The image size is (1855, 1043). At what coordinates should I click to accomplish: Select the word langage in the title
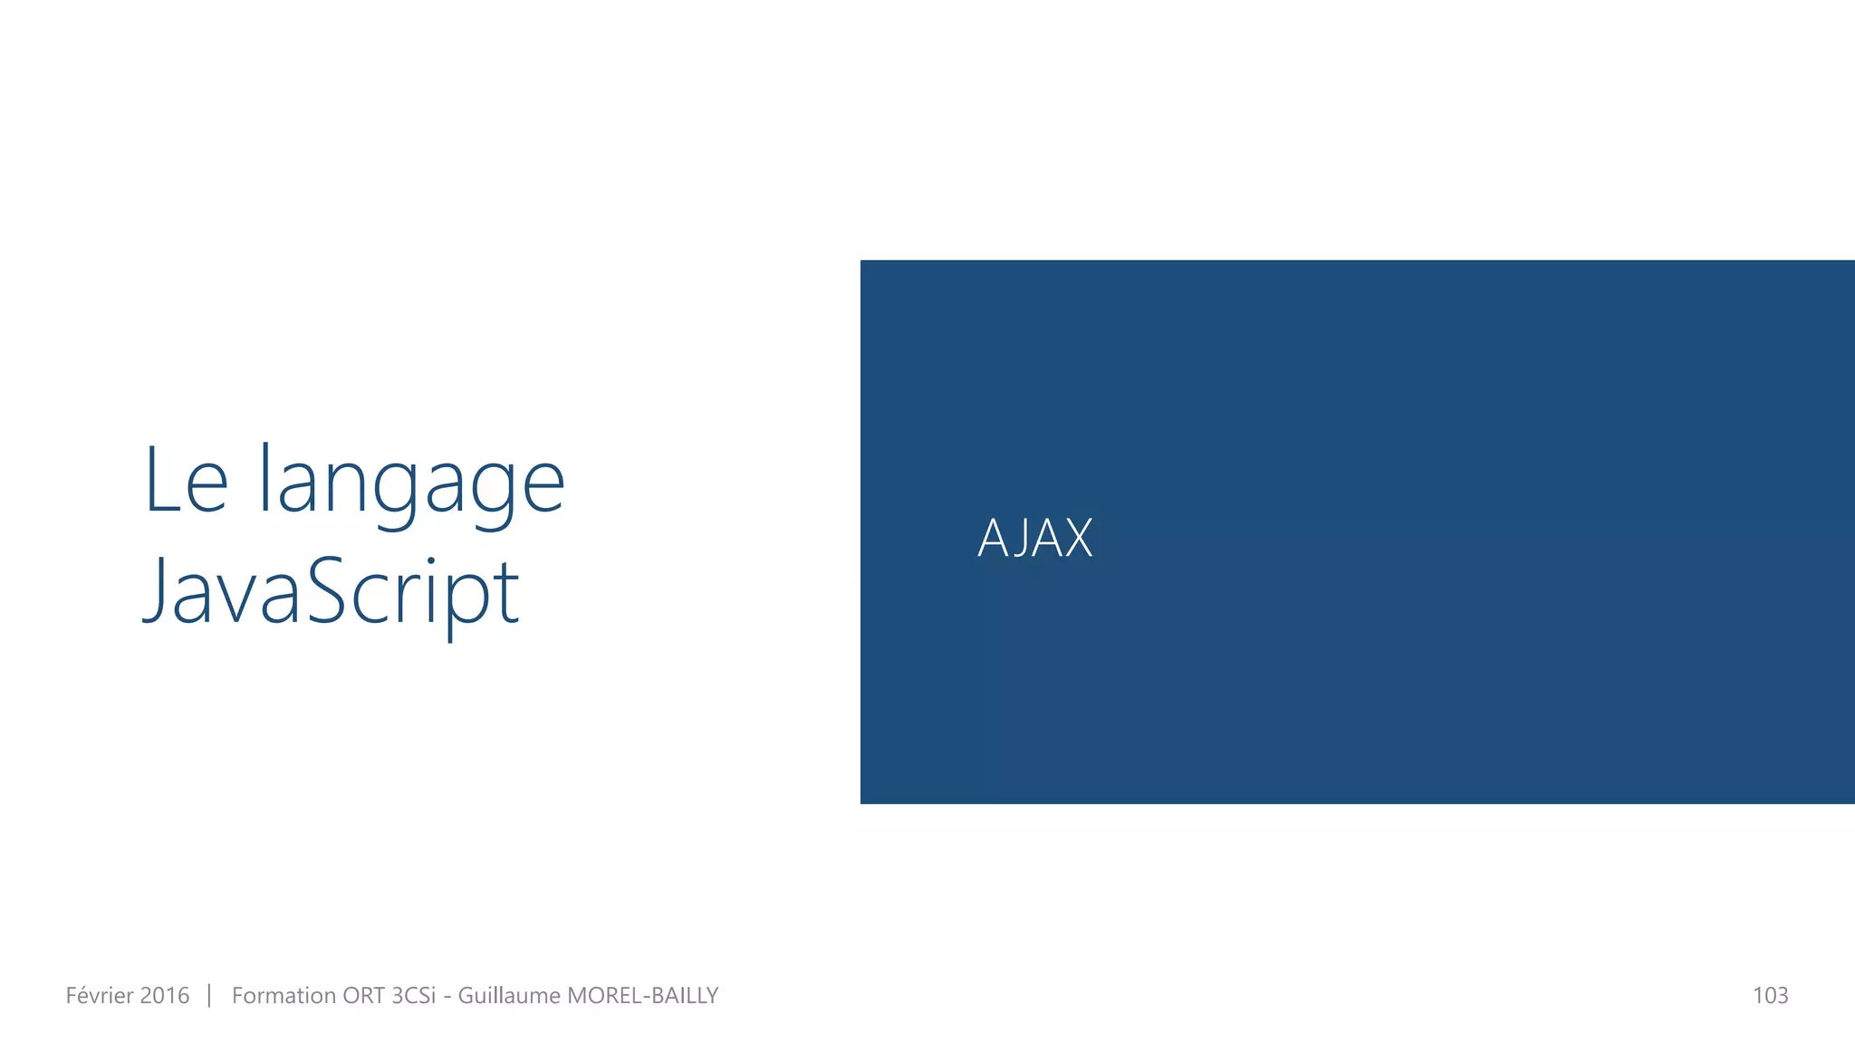412,482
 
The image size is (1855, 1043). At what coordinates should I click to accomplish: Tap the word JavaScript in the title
332,592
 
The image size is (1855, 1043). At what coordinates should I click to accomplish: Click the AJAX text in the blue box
1035,538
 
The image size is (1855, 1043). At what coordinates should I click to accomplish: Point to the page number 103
1770,996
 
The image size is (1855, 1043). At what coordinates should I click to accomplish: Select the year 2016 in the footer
164,996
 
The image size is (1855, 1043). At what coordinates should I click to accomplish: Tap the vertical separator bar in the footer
209,996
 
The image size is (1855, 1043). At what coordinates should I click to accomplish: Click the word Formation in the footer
283,996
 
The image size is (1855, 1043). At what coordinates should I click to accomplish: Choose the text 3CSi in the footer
413,996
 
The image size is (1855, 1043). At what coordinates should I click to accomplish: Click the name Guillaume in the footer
509,996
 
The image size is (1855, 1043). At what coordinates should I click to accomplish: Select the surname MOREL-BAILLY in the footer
642,996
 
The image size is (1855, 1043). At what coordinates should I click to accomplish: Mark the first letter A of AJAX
993,539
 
